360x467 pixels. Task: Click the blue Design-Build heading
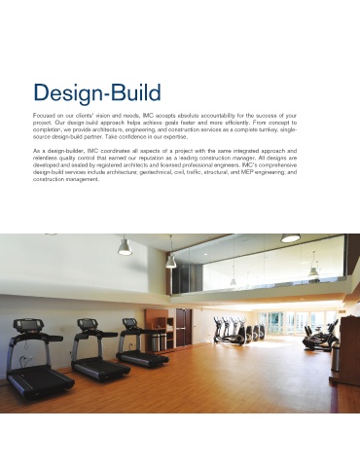[x=97, y=93]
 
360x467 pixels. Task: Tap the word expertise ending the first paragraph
[x=177, y=137]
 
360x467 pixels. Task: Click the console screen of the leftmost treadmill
[x=28, y=324]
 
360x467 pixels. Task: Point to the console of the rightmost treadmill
[x=130, y=323]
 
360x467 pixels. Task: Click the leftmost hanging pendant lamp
[x=125, y=247]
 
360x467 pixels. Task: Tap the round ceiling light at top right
[x=290, y=238]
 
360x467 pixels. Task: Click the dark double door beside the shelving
[x=184, y=326]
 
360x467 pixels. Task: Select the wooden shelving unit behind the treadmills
[x=161, y=329]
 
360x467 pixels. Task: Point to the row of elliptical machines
[x=238, y=331]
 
